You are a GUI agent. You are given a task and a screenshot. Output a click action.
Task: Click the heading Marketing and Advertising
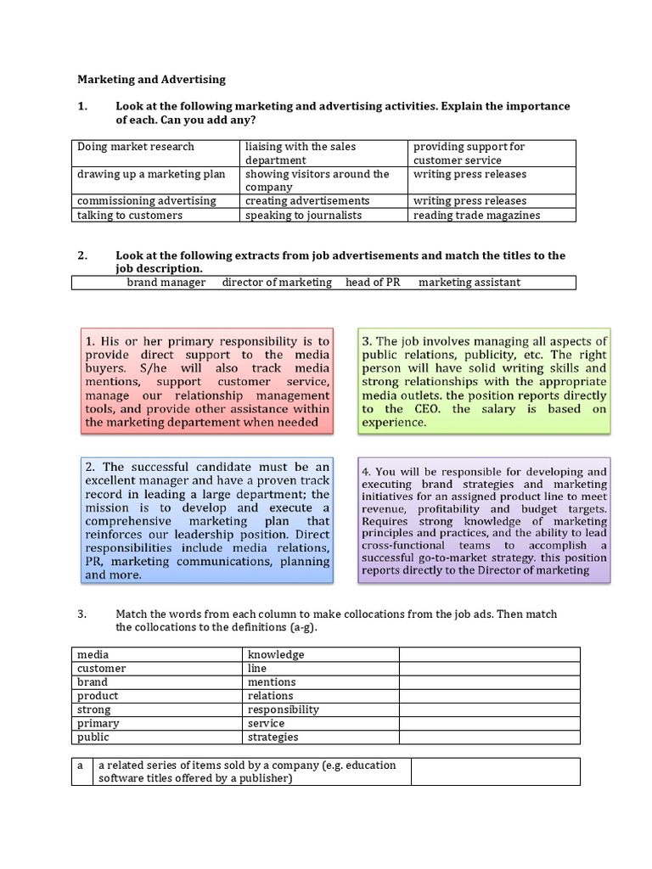[x=152, y=80]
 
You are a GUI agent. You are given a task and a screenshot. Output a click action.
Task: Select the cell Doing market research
[x=136, y=147]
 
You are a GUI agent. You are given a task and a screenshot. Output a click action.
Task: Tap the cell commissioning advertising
[x=147, y=201]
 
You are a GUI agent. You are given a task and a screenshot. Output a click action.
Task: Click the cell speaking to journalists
[x=303, y=216]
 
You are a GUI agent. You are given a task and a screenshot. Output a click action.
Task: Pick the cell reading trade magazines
[x=476, y=216]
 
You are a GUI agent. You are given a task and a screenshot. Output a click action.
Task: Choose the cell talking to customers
[x=130, y=216]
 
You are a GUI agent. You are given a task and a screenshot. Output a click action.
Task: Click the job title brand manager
[x=166, y=283]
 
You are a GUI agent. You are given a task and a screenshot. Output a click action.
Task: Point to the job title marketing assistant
[x=469, y=283]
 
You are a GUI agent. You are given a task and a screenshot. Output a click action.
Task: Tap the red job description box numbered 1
[x=207, y=381]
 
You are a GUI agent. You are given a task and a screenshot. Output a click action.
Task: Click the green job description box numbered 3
[x=484, y=381]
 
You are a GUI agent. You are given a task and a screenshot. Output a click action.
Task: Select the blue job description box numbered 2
[x=207, y=521]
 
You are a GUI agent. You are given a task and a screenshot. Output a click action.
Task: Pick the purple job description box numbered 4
[x=484, y=521]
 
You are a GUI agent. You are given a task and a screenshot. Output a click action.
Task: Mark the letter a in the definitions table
[x=81, y=765]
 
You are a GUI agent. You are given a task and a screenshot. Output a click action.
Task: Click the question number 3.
[x=82, y=614]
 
